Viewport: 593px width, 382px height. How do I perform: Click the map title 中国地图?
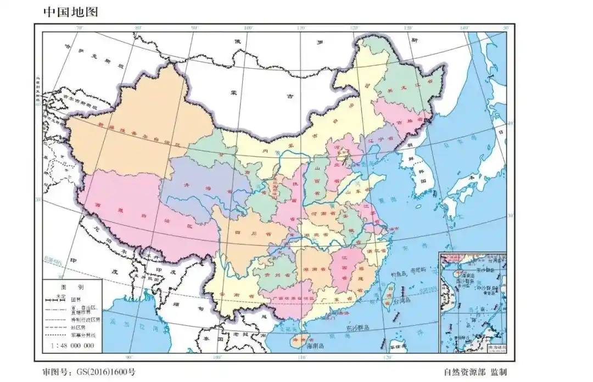click(70, 12)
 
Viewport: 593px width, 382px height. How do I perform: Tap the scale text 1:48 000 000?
click(72, 346)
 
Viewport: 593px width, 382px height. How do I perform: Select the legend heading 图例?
click(72, 287)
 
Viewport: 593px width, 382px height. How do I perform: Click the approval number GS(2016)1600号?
click(88, 372)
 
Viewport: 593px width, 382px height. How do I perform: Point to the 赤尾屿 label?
click(418, 269)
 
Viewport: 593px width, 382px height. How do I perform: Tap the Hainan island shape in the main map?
click(299, 340)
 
